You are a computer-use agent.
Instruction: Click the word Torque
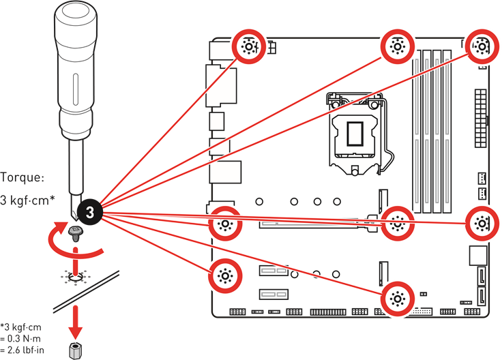tap(23, 177)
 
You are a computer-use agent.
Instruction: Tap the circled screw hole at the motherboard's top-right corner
tap(481, 46)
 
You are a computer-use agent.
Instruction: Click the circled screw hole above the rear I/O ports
tap(248, 46)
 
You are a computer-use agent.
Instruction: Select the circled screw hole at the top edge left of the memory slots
tap(397, 46)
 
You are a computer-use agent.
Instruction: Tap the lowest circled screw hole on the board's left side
tap(224, 275)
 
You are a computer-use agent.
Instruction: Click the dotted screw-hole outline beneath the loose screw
tap(76, 275)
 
